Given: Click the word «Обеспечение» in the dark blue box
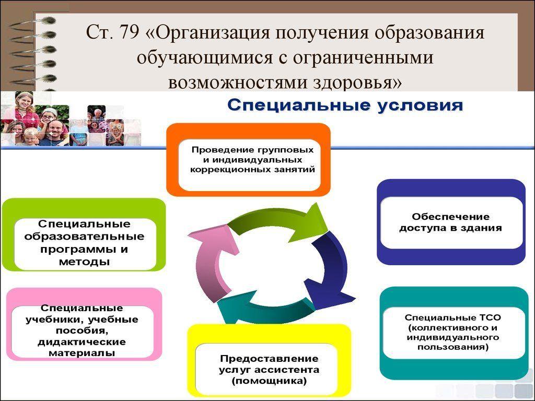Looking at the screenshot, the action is [x=450, y=217].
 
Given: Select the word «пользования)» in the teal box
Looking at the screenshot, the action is [x=453, y=347].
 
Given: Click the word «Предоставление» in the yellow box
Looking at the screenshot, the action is [x=269, y=358].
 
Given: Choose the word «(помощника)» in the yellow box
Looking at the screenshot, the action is [x=269, y=381].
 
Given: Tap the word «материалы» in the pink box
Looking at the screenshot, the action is [x=82, y=353].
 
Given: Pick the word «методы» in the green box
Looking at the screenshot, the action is [x=84, y=262].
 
